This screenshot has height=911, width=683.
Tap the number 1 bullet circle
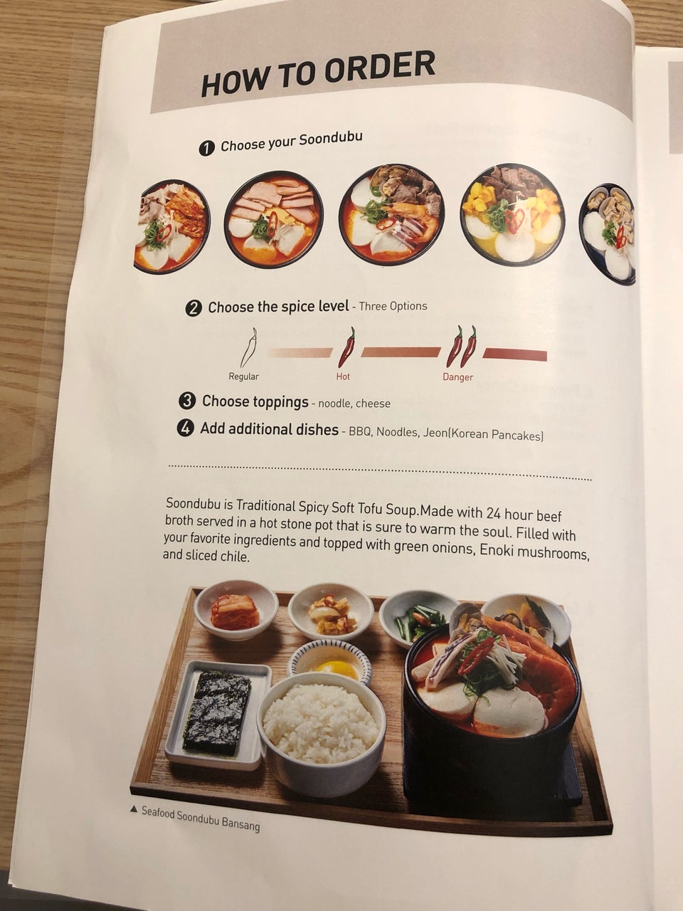pyautogui.click(x=206, y=149)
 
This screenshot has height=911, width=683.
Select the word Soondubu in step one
pyautogui.click(x=331, y=139)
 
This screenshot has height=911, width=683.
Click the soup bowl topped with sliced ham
pyautogui.click(x=274, y=219)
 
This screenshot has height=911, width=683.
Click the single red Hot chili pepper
pyautogui.click(x=346, y=347)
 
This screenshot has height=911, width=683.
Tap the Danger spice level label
pyautogui.click(x=457, y=376)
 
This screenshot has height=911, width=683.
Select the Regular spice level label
pyautogui.click(x=243, y=376)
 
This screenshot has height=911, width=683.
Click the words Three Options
pyautogui.click(x=393, y=306)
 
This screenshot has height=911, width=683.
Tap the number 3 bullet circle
pyautogui.click(x=186, y=401)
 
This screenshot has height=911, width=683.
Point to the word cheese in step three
pyautogui.click(x=373, y=404)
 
